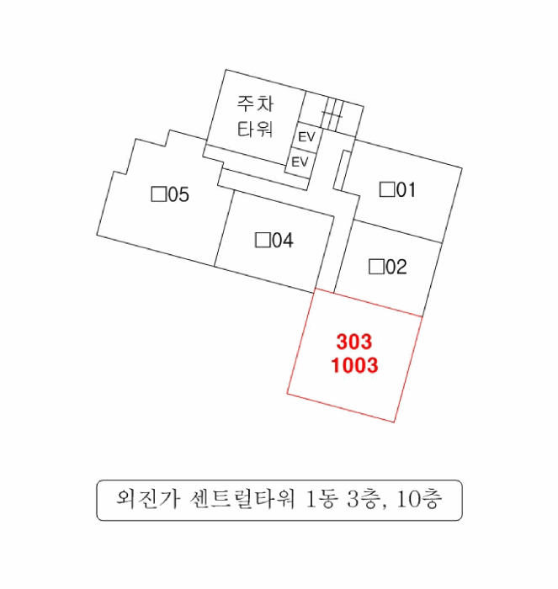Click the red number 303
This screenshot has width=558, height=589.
tap(354, 342)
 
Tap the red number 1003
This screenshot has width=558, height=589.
tap(354, 365)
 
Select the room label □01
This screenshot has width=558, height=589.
tap(397, 189)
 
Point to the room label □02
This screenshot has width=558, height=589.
tap(387, 267)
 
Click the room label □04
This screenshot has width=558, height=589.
tap(274, 240)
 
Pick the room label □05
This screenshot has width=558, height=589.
tap(170, 194)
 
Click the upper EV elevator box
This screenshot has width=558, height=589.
tap(306, 136)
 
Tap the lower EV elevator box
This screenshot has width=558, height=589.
tap(300, 162)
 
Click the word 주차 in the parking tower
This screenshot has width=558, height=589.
tap(255, 103)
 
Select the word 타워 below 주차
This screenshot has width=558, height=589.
tap(255, 130)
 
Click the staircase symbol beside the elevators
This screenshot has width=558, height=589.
tap(332, 114)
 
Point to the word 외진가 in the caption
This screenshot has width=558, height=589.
tap(147, 499)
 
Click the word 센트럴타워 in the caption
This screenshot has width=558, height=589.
tap(242, 499)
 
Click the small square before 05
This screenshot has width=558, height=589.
tap(158, 194)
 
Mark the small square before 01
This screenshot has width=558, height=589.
tap(387, 189)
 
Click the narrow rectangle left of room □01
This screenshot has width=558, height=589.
tap(342, 171)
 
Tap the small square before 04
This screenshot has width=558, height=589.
tap(263, 240)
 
